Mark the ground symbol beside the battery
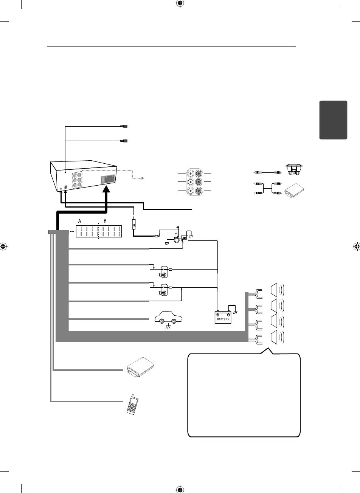coord(235,312)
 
